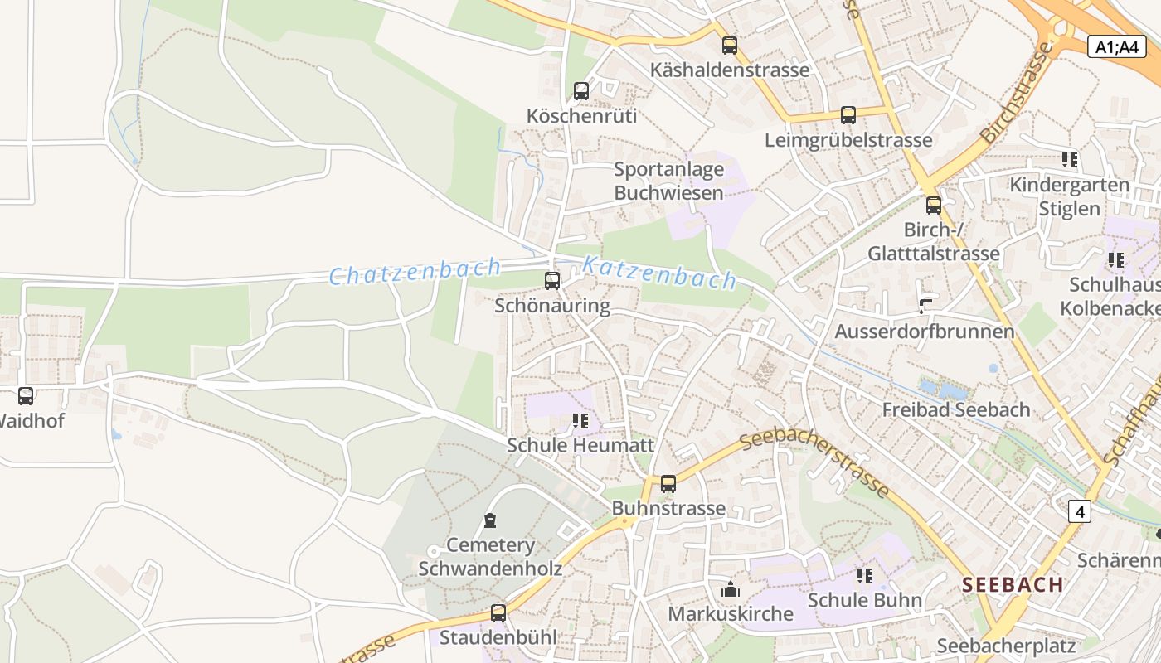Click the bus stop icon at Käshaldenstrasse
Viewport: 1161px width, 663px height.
[x=729, y=46]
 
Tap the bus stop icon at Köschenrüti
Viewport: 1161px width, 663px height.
[x=581, y=91]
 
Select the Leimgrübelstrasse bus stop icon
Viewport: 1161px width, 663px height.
[x=848, y=115]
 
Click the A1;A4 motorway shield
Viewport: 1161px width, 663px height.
[x=1116, y=46]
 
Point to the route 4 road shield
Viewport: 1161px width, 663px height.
[x=1079, y=512]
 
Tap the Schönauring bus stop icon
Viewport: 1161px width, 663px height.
[x=552, y=281]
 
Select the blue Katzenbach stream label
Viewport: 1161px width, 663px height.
[x=659, y=273]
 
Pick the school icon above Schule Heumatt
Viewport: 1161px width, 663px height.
[x=580, y=421]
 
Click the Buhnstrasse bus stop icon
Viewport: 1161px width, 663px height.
[x=668, y=483]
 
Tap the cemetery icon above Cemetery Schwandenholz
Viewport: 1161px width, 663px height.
[x=490, y=520]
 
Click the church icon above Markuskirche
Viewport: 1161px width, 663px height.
[x=731, y=589]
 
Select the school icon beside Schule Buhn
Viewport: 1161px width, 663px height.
[x=865, y=575]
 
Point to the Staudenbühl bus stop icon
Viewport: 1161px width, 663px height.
[x=498, y=612]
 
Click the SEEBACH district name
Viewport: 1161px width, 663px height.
[x=1013, y=584]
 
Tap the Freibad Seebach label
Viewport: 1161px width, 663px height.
[x=955, y=409]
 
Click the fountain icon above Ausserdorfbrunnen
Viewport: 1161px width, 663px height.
[x=925, y=307]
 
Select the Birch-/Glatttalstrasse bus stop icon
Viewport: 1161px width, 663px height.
[x=934, y=205]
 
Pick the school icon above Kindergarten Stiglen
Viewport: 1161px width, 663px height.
[x=1069, y=159]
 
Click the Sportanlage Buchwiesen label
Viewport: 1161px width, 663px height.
[x=668, y=181]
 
